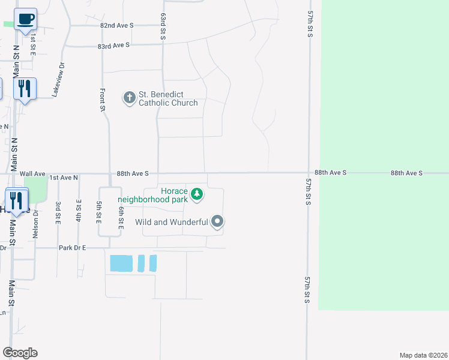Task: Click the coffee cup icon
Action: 25,19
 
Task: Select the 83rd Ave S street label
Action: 114,46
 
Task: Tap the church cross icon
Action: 129,97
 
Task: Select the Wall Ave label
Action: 32,173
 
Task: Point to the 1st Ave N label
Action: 64,178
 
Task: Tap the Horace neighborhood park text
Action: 153,195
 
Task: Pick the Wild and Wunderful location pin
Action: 217,222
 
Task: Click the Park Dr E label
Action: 73,247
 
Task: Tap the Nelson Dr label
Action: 35,221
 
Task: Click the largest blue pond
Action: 121,263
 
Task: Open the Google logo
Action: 20,353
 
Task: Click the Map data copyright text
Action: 424,355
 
